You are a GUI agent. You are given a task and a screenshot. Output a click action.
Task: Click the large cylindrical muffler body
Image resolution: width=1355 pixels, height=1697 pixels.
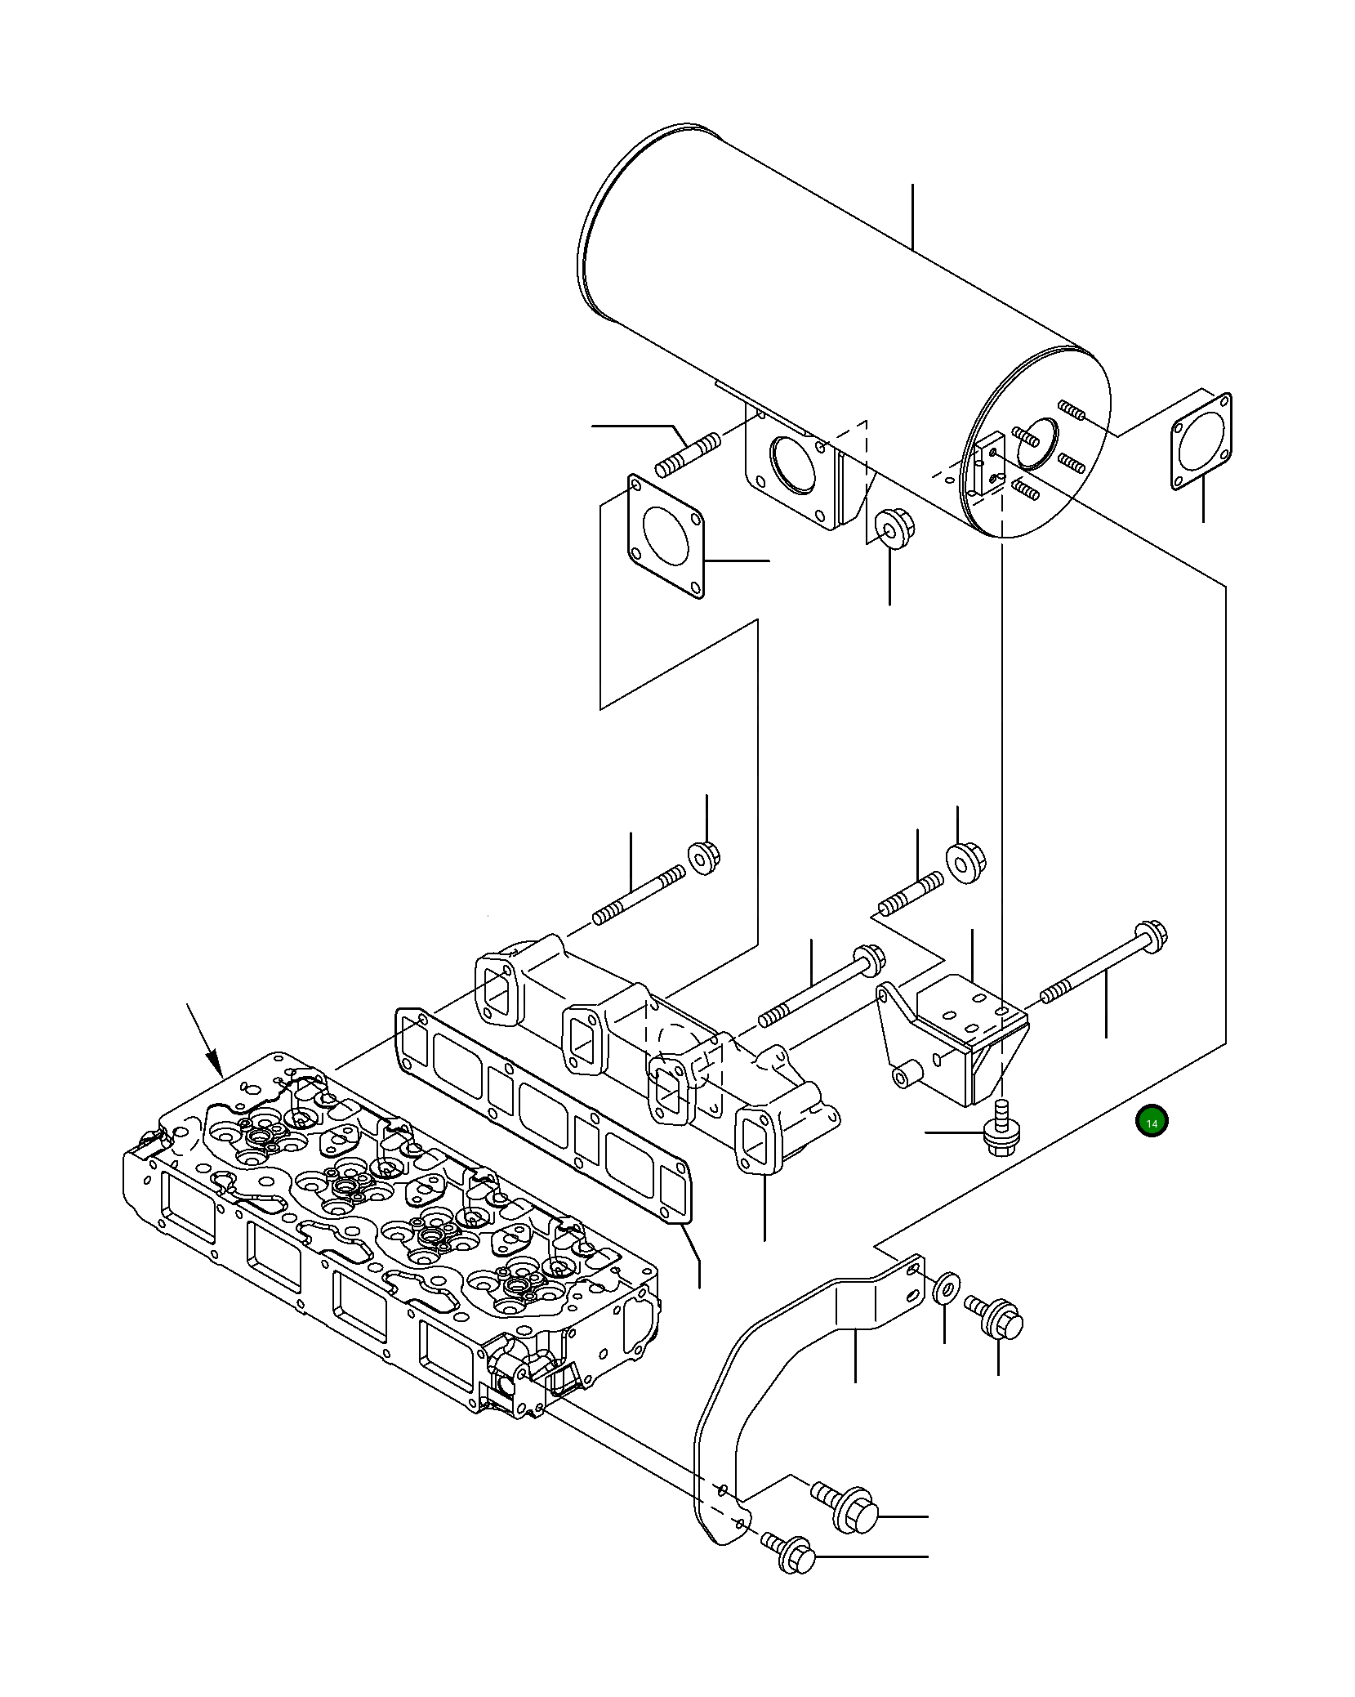[x=817, y=310]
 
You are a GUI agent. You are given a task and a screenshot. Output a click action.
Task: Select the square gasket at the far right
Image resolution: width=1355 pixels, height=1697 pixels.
[x=1201, y=441]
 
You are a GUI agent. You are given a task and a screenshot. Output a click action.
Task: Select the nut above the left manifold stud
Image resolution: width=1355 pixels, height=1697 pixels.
[x=704, y=856]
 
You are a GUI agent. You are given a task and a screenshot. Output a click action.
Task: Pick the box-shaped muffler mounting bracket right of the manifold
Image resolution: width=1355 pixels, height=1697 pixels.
[x=956, y=1038]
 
